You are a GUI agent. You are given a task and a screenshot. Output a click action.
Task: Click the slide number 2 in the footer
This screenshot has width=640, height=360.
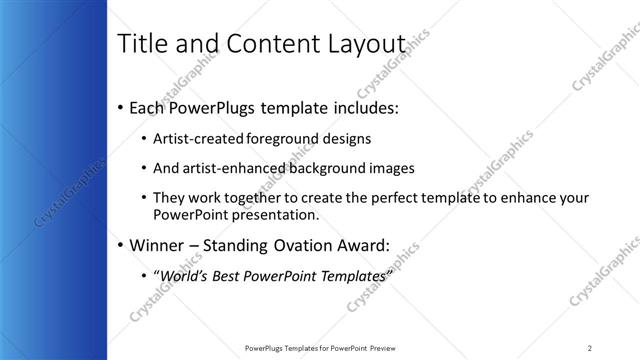[x=590, y=347]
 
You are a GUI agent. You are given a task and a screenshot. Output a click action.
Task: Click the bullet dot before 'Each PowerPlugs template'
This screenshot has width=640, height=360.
[x=121, y=106]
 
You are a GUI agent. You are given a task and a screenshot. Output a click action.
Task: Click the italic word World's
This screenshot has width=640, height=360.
[x=183, y=275]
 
